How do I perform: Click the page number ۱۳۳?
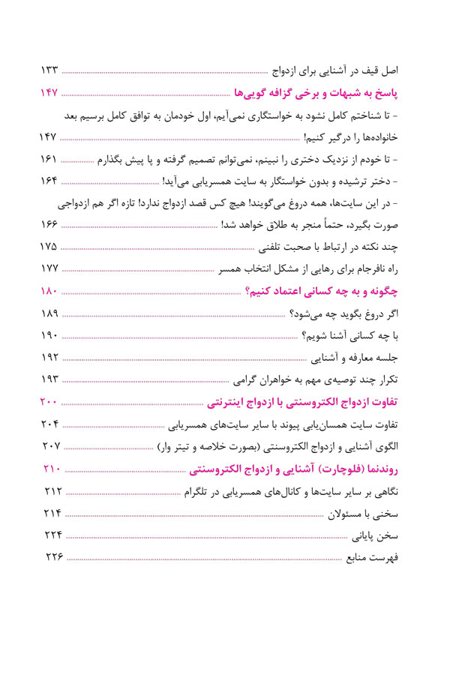(x=49, y=70)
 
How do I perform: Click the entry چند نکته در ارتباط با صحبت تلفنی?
(x=330, y=247)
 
